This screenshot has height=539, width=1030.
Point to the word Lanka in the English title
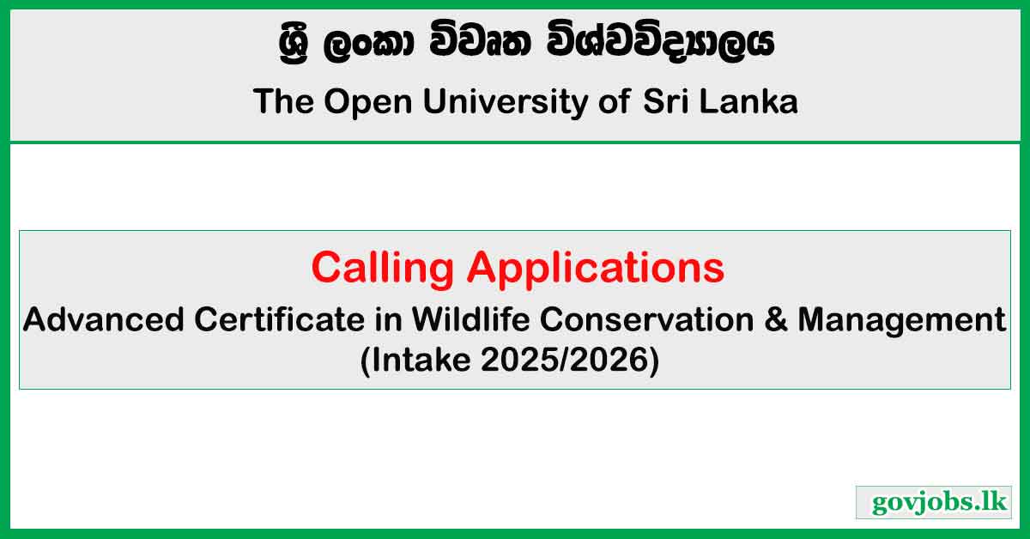click(748, 101)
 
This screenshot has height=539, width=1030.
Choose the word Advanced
click(104, 319)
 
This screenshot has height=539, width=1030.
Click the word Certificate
click(280, 319)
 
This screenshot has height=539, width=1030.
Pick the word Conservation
click(647, 319)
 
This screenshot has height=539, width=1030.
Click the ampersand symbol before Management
click(776, 319)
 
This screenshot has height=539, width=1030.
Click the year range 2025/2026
click(565, 360)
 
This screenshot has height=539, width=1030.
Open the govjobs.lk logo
click(934, 502)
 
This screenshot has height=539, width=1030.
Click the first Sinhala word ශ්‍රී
click(294, 45)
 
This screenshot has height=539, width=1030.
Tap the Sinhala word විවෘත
click(481, 41)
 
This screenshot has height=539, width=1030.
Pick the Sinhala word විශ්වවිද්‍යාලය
click(660, 41)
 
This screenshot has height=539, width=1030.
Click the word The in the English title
click(283, 101)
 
